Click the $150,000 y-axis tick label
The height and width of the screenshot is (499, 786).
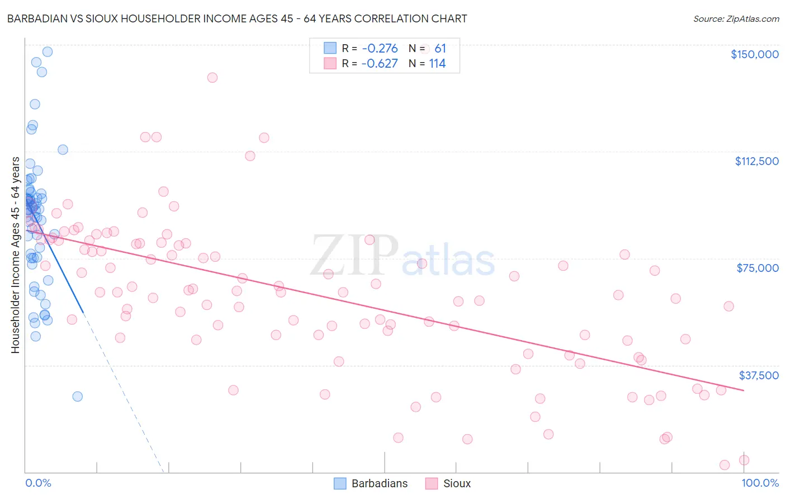(754, 54)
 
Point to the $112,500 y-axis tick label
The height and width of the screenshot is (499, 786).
(756, 161)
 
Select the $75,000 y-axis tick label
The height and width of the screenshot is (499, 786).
(757, 268)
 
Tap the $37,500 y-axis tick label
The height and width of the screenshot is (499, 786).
(759, 375)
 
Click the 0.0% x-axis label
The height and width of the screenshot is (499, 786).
(38, 483)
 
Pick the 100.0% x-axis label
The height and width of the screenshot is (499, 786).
(760, 483)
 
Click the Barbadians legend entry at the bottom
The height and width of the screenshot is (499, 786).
(379, 484)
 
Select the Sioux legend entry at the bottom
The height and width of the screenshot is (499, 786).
(456, 484)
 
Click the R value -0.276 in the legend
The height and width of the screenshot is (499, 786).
(380, 49)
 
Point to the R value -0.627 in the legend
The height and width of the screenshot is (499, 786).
(380, 64)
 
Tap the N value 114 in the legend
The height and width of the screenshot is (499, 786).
(437, 64)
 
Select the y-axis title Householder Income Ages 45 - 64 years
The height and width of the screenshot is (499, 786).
(16, 255)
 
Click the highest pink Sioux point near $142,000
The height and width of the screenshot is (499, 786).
(212, 78)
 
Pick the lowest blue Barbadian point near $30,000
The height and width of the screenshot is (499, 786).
(77, 397)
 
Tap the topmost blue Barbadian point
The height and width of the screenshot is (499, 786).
(48, 51)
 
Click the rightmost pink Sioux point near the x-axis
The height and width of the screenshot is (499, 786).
(744, 460)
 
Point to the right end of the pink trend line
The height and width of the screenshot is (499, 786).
(744, 390)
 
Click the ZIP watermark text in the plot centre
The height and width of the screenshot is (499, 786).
(354, 256)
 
